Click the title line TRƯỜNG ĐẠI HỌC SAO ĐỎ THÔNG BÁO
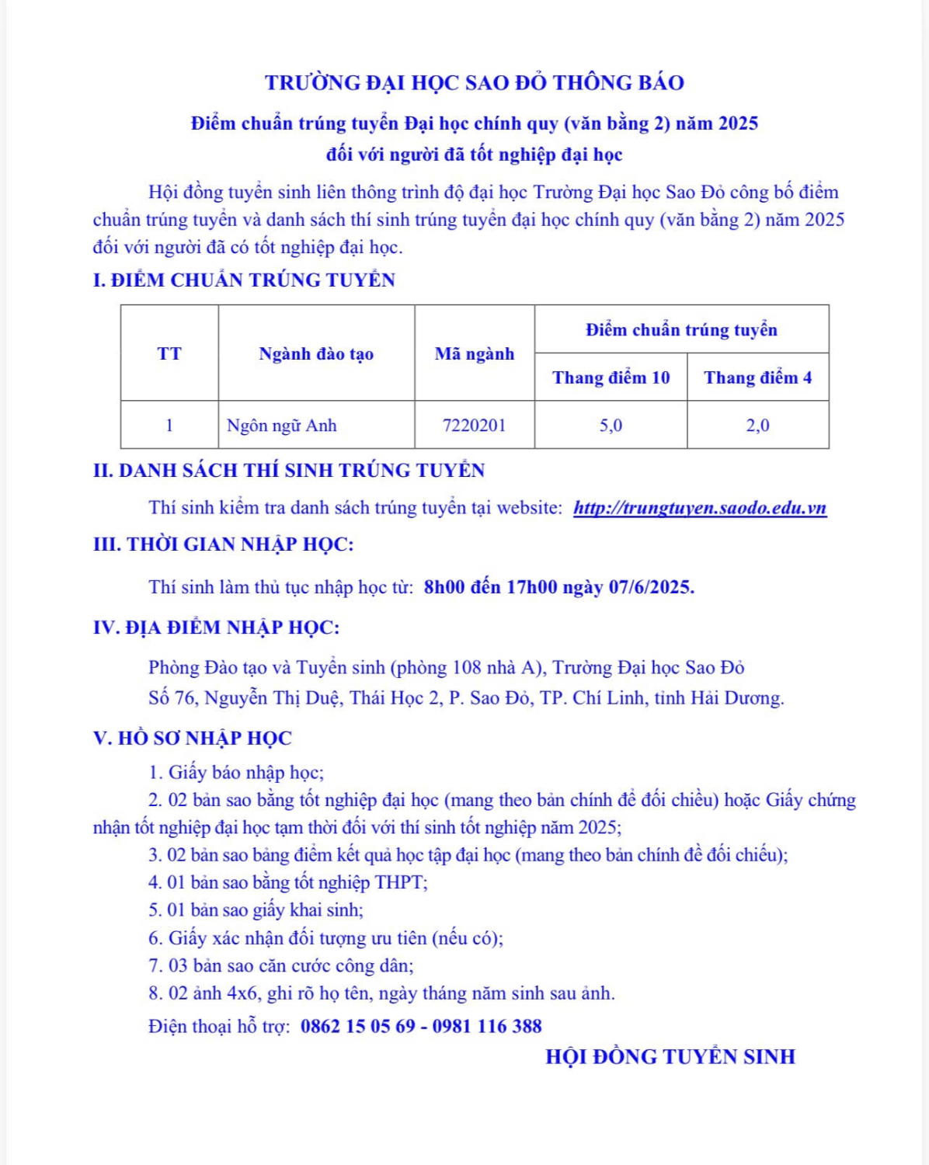point(474,83)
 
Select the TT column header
point(169,354)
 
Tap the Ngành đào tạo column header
point(316,354)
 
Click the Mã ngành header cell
point(474,354)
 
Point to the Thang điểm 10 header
point(611,378)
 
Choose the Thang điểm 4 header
point(757,378)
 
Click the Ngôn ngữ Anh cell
point(281,426)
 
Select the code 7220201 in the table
point(474,426)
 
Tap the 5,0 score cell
point(611,426)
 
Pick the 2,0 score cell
point(757,426)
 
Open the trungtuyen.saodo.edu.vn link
point(700,508)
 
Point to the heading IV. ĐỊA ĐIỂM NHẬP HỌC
point(216,628)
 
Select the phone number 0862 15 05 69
point(358,1027)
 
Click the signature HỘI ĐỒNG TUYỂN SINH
point(670,1057)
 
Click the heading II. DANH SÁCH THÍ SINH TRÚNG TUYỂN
point(288,471)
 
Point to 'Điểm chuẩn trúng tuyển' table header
point(681,330)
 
